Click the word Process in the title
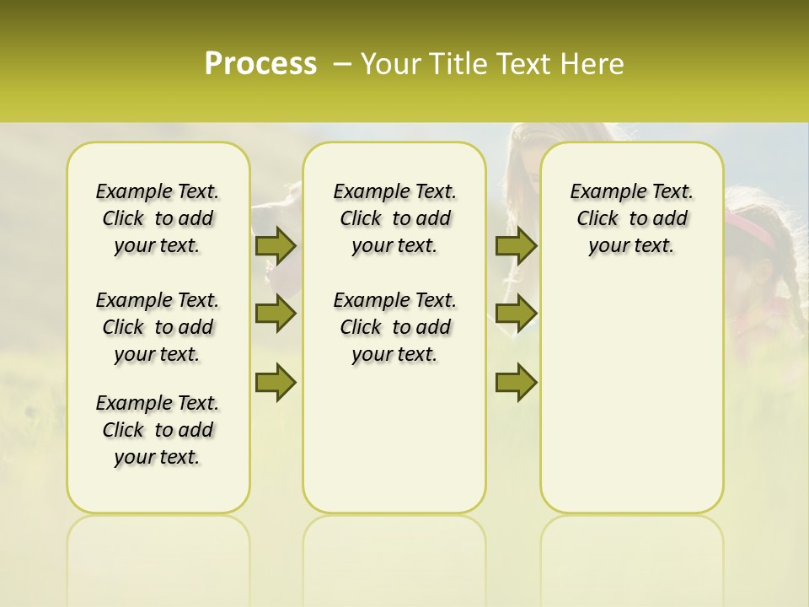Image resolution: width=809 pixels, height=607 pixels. pyautogui.click(x=260, y=64)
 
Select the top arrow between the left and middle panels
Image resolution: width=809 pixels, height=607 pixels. pyautogui.click(x=276, y=245)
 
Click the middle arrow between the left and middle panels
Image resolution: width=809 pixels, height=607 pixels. pyautogui.click(x=276, y=314)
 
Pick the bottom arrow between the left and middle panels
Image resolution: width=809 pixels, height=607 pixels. pyautogui.click(x=276, y=382)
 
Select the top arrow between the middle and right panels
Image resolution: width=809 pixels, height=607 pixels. pyautogui.click(x=516, y=245)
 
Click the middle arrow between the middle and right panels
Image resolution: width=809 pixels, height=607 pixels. pyautogui.click(x=516, y=314)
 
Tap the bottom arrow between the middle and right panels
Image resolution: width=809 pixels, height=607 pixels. pyautogui.click(x=516, y=382)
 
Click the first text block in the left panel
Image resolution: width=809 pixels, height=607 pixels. pyautogui.click(x=158, y=218)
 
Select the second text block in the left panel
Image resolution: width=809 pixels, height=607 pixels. pyautogui.click(x=158, y=327)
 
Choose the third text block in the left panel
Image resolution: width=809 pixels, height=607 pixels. pyautogui.click(x=158, y=430)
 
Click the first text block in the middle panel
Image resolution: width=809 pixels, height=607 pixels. pyautogui.click(x=394, y=218)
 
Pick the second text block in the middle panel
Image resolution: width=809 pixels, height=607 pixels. pyautogui.click(x=394, y=327)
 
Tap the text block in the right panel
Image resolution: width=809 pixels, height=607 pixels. pyautogui.click(x=631, y=218)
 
